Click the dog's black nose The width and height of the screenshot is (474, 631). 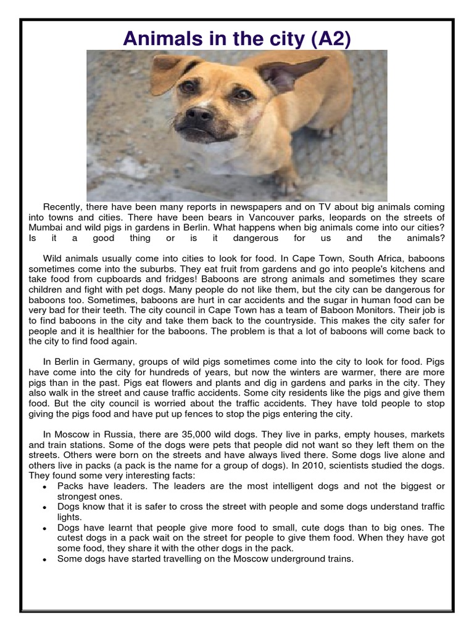coord(199,115)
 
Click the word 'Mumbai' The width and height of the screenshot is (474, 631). coord(48,228)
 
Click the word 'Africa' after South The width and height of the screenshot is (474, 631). coord(373,259)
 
